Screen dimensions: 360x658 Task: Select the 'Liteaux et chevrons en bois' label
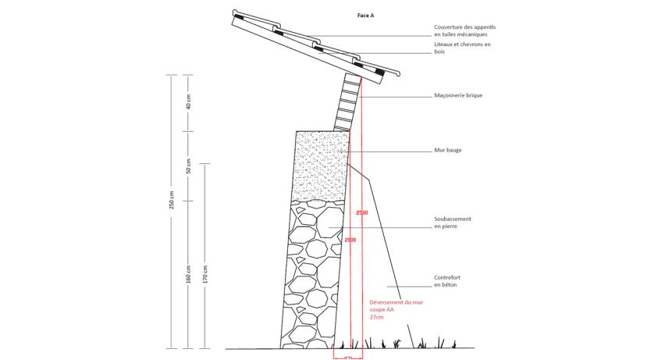(x=462, y=48)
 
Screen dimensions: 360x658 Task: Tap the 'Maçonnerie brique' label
(x=458, y=95)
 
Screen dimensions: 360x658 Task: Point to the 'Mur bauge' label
(x=448, y=150)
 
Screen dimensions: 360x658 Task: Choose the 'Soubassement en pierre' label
(x=452, y=222)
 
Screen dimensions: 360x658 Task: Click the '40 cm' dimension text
(x=188, y=102)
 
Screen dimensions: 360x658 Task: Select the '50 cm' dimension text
(x=188, y=166)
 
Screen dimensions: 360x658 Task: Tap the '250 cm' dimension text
(x=172, y=201)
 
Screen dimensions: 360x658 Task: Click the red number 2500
(x=361, y=212)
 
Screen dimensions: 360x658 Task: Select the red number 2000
(x=350, y=240)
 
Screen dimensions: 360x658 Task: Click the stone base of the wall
(x=312, y=273)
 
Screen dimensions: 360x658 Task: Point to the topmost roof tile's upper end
(x=237, y=15)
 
